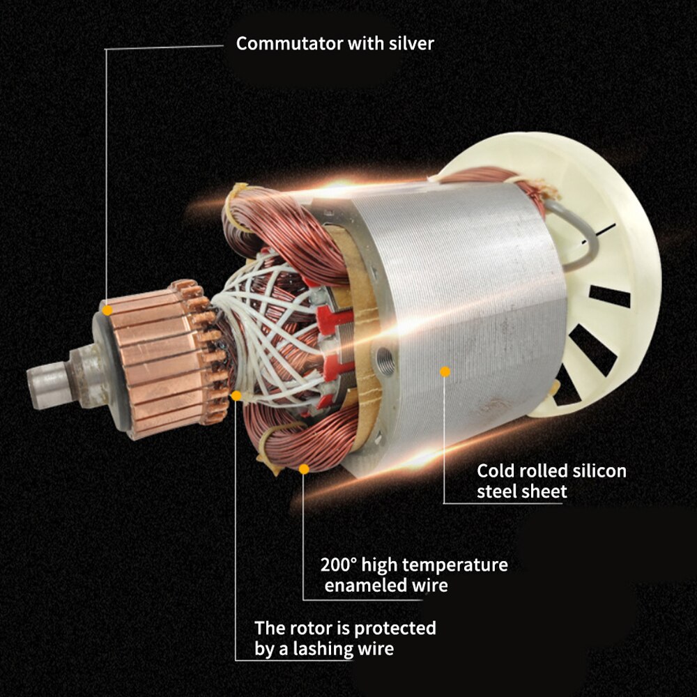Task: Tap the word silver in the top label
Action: (x=411, y=44)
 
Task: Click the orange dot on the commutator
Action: (x=106, y=308)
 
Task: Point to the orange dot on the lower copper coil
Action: (x=304, y=469)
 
